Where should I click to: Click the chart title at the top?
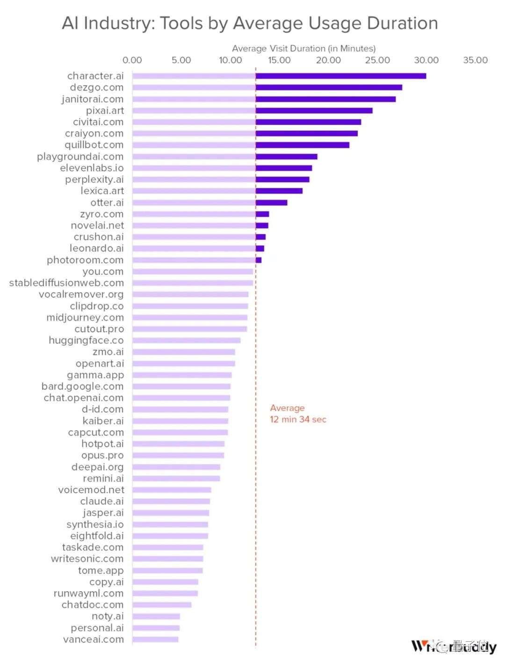250,23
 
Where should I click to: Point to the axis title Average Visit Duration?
303,49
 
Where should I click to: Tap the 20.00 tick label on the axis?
328,60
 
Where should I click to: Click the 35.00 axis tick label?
475,60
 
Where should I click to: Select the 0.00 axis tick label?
132,60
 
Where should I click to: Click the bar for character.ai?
279,76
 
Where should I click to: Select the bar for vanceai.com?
155,639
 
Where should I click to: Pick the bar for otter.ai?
209,202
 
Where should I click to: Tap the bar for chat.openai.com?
181,398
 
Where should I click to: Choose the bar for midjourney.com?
189,317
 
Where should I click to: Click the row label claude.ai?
102,501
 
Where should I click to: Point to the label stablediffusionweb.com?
66,283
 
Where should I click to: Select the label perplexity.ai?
94,180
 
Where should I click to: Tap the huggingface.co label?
86,340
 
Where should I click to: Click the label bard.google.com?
82,387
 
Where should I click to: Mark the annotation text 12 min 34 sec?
298,419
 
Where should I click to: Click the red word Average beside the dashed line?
287,408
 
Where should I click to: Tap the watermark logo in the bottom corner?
453,646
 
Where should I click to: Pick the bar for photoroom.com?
196,260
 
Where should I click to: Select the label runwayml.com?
88,593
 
